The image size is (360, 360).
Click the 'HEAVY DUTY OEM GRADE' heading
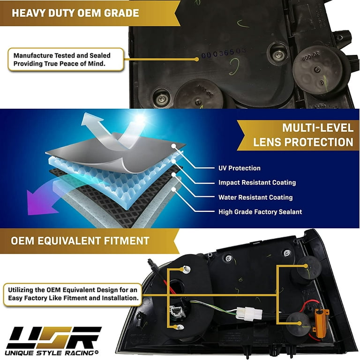tap(75, 12)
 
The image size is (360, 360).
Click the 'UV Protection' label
tap(239, 168)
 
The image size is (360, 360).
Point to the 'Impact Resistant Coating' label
tap(257, 183)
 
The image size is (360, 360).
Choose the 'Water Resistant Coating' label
tap(255, 197)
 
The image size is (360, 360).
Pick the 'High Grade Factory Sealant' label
tap(260, 212)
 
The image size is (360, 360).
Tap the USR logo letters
tap(54, 337)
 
